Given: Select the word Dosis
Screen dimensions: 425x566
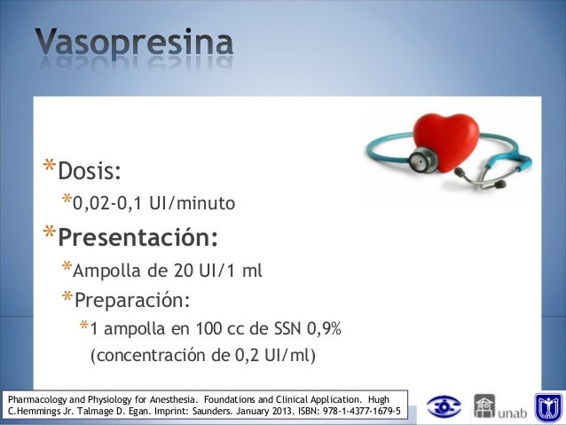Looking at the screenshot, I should click(89, 169).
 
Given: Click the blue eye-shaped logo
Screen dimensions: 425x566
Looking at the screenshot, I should click(444, 407).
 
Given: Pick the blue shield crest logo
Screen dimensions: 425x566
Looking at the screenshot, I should click(547, 407).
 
